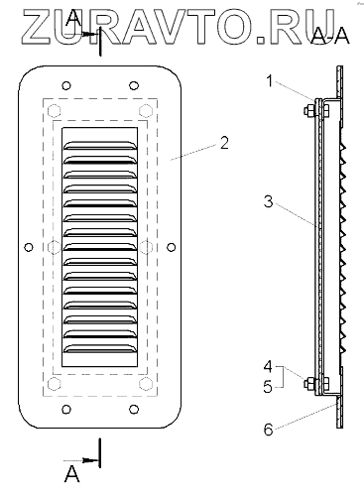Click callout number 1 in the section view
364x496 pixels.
click(270, 81)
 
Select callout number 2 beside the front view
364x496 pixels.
click(224, 143)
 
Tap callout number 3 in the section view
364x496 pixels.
click(268, 201)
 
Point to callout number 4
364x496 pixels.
click(268, 366)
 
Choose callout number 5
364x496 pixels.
click(268, 386)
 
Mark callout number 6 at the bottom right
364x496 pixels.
click(268, 430)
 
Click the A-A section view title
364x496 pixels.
click(330, 36)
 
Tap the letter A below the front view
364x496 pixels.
click(71, 474)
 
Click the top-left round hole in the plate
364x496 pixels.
click(66, 86)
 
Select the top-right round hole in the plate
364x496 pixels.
click(134, 86)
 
